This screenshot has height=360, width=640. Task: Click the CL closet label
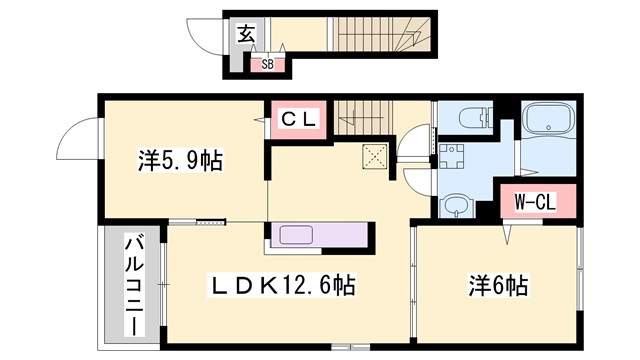coord(298,119)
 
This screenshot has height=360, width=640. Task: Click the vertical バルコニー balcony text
coord(133,286)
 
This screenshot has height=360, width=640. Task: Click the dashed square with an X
coord(376,156)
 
